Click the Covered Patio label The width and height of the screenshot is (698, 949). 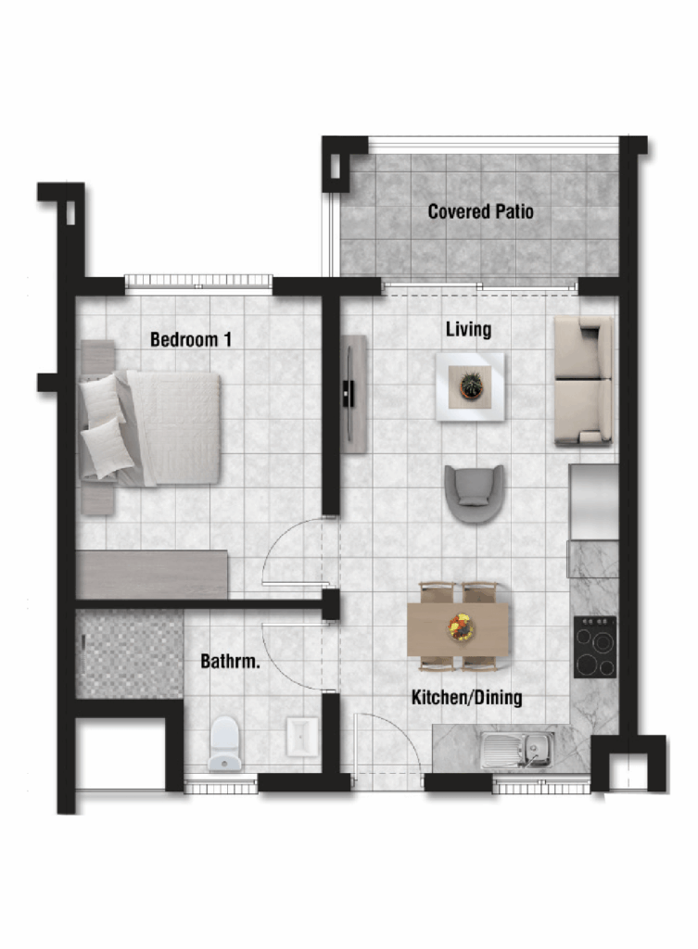481,211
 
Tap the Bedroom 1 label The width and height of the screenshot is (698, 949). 191,339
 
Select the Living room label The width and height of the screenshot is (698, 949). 468,329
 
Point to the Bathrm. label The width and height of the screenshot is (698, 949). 230,661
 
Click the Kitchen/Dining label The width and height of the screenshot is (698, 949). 467,697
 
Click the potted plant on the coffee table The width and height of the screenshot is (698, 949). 471,385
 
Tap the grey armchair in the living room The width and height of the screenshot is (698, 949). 474,493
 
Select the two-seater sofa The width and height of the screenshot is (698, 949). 584,381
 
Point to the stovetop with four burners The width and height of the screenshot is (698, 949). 595,647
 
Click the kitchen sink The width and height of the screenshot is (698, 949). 517,750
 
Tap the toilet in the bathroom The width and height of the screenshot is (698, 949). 224,744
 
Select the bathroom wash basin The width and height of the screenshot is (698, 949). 302,737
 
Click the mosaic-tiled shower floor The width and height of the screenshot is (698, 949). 130,653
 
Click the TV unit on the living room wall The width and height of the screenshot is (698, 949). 353,394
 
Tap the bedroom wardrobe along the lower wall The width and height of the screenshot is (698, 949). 152,575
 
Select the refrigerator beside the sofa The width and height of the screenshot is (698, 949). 593,501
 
